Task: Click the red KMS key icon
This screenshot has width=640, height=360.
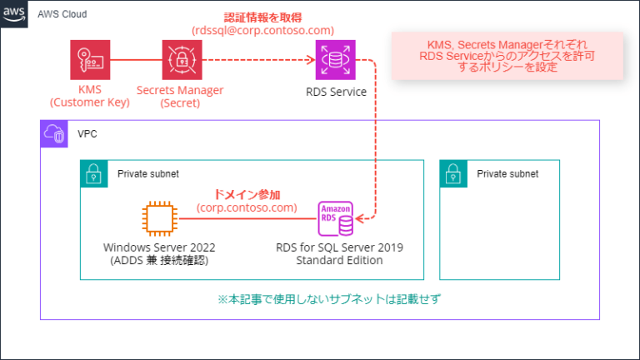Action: pos(90,60)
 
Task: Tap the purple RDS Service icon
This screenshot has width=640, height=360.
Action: pos(336,60)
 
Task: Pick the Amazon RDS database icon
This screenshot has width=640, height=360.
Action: pos(336,219)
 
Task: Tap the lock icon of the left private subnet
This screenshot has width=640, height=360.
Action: pos(92,173)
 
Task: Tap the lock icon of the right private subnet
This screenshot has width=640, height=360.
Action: pos(452,173)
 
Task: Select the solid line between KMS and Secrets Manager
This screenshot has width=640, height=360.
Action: pos(136,60)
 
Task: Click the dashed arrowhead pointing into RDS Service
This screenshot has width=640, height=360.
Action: pos(309,60)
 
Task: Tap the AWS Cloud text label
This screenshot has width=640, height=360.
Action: pos(62,15)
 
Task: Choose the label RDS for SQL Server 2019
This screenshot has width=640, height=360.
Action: pos(336,247)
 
